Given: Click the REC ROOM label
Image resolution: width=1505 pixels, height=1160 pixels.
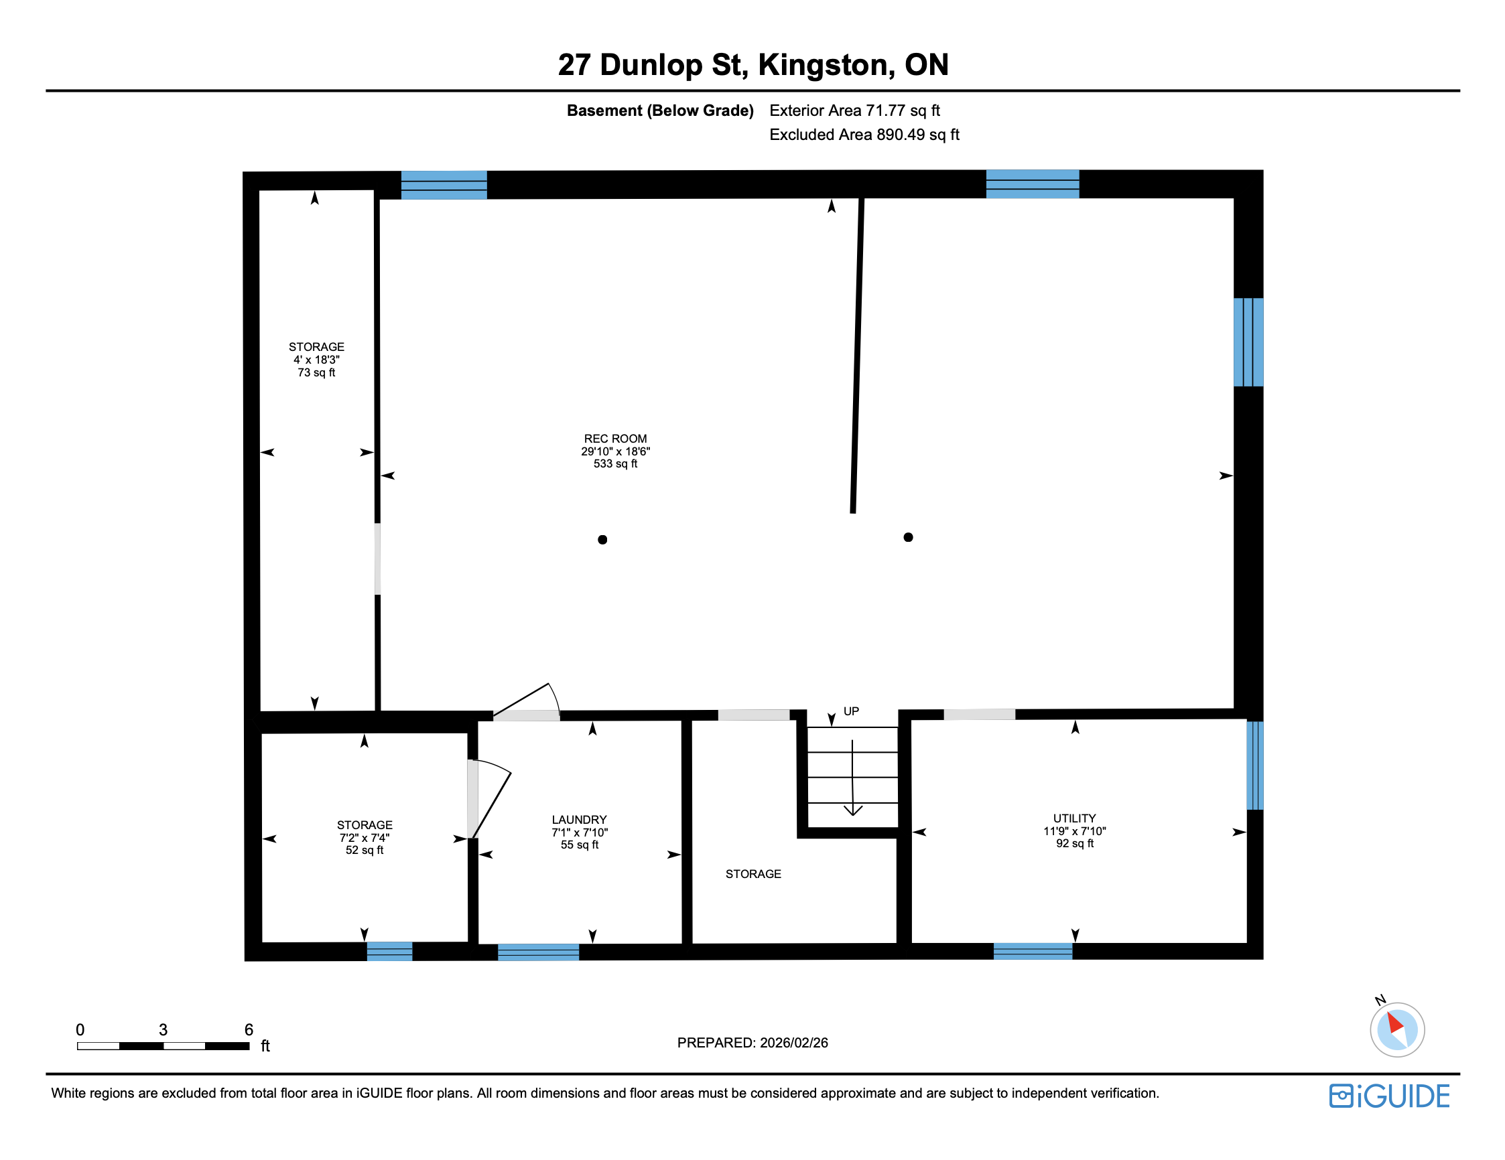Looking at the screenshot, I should tap(614, 439).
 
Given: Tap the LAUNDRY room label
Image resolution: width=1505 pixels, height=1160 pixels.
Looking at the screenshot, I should tap(579, 820).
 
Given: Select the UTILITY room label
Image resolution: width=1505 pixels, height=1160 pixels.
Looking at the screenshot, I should tap(1073, 818).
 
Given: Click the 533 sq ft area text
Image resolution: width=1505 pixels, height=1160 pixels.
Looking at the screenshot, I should tap(614, 464).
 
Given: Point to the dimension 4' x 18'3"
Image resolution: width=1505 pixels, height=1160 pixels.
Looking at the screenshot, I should tap(316, 360).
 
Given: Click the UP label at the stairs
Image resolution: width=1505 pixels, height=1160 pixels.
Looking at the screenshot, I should tap(851, 711).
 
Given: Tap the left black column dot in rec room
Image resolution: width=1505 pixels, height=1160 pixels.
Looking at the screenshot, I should tap(602, 539).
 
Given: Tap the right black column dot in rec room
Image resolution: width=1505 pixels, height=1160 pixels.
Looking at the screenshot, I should tap(907, 537).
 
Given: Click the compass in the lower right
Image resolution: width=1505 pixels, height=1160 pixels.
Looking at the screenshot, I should tap(1396, 1029).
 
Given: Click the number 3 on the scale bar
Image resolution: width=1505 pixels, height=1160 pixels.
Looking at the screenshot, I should tap(163, 1029).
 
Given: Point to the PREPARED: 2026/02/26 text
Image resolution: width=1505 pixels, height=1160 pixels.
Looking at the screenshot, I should tap(752, 1043).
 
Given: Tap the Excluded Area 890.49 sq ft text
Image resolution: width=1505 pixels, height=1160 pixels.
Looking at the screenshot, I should tap(864, 135).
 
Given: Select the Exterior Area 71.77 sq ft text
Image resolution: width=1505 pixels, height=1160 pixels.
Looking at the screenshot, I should tap(854, 111).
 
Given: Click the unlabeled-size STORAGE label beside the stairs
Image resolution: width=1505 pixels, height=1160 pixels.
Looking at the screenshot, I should tap(752, 874).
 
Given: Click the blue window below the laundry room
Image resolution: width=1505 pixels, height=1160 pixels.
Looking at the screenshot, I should tap(538, 952).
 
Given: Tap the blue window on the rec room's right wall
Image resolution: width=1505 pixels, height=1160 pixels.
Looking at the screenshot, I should tap(1247, 342).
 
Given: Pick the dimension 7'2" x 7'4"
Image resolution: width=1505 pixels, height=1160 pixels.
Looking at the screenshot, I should tap(364, 838).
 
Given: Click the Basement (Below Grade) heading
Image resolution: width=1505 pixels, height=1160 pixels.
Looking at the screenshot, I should tap(659, 111).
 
